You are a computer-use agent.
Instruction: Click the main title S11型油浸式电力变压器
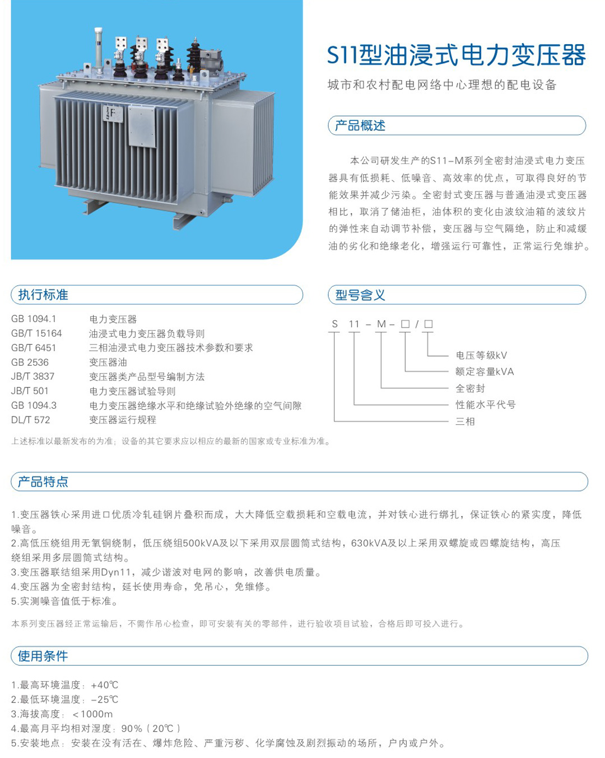click(456, 55)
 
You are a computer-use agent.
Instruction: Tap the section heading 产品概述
click(360, 125)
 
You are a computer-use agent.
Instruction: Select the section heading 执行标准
click(43, 294)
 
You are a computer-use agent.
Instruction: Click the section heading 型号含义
click(360, 295)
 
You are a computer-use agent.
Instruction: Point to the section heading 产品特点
click(43, 481)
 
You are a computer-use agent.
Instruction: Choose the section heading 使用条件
click(43, 656)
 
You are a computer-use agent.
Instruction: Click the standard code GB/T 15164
click(36, 333)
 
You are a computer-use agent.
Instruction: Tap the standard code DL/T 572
click(31, 420)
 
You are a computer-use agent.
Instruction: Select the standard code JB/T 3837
click(33, 376)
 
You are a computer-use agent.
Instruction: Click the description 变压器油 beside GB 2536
click(108, 362)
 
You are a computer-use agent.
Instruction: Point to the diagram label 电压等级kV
click(481, 355)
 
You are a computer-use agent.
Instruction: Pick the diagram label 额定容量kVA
click(485, 371)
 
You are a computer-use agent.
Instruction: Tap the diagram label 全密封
click(471, 388)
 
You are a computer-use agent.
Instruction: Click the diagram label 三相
click(465, 422)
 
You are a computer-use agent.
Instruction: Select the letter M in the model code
click(381, 324)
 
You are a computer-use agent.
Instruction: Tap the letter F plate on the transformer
click(113, 114)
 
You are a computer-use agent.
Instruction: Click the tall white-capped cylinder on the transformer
click(99, 49)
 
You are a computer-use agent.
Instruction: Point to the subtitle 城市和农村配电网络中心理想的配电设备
click(442, 85)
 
